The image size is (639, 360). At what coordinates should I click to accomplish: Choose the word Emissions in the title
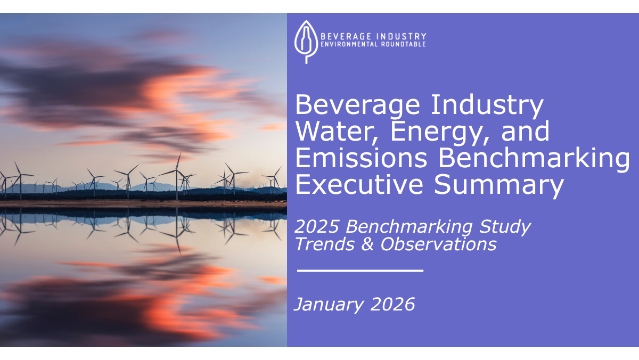(361, 158)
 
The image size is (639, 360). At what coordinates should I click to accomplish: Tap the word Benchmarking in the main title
(534, 159)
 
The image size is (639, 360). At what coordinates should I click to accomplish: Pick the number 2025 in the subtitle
(317, 226)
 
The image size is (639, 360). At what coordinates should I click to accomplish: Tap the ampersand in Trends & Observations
(367, 244)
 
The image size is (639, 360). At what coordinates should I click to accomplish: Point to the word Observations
(438, 244)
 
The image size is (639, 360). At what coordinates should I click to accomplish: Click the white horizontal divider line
(360, 271)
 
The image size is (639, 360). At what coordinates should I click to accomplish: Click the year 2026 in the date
(392, 305)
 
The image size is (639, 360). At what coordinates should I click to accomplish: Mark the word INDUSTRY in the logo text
(401, 37)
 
